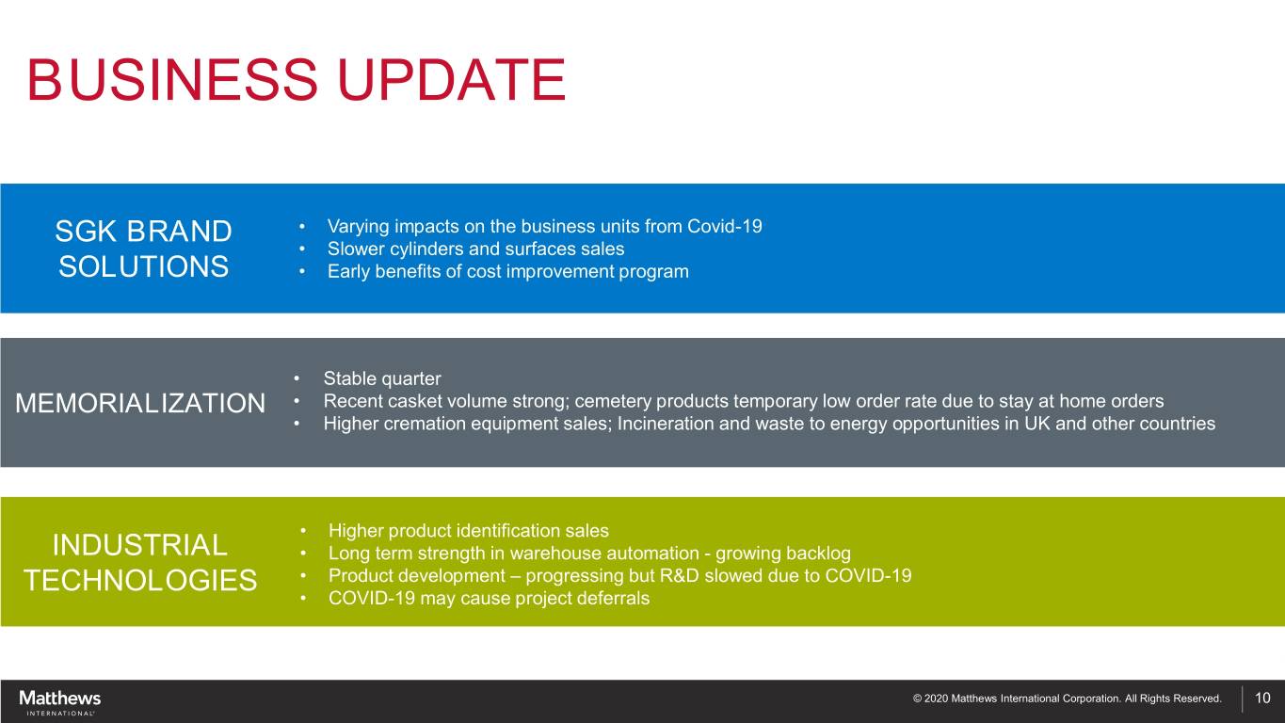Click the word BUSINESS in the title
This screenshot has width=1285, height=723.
point(172,80)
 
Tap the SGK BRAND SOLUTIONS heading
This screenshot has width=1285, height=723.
point(143,249)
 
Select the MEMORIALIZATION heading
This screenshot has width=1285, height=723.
point(140,403)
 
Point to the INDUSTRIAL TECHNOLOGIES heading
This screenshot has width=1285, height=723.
point(140,562)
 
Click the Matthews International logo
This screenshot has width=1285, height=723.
point(59,702)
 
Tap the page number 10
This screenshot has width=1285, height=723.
point(1262,698)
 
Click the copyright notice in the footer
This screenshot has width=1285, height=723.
point(1067,699)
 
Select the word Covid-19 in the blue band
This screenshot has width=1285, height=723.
point(725,226)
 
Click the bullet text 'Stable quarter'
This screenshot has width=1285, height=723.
point(382,378)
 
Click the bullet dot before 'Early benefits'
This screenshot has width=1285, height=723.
point(302,271)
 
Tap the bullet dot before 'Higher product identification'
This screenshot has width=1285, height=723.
point(303,531)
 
